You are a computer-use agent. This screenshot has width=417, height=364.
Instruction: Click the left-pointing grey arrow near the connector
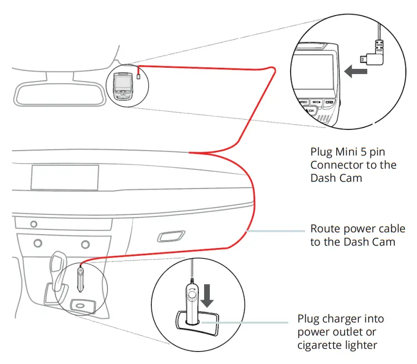point(356,72)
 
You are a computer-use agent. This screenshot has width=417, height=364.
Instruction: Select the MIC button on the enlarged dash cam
point(317,103)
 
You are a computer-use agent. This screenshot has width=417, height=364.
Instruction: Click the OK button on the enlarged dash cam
point(311,111)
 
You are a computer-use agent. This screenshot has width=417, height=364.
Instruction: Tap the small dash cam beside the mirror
point(123,85)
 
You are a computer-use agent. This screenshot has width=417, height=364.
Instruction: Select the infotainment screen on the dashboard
point(65,177)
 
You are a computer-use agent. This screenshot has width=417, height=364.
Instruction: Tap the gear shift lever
point(57,266)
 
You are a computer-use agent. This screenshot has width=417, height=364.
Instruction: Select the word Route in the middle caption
point(325,228)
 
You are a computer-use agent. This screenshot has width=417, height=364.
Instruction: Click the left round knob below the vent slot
point(37,242)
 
